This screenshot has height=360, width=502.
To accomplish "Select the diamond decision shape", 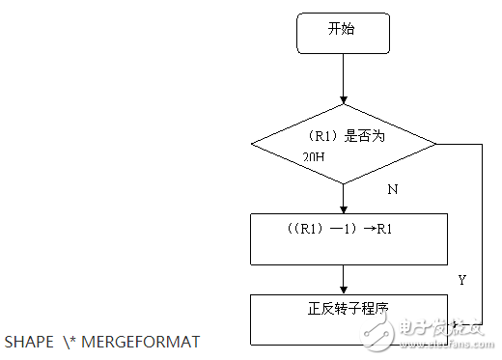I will [x=343, y=145].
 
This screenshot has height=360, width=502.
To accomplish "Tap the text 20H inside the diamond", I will [x=315, y=155].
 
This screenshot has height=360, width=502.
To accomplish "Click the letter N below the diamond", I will [x=393, y=190].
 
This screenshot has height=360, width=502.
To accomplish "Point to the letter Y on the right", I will [x=461, y=280].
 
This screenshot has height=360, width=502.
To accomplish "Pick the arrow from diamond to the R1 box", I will [x=343, y=198].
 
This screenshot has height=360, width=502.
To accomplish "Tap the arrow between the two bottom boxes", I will [x=343, y=279].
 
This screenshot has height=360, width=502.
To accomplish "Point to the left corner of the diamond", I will [x=253, y=145].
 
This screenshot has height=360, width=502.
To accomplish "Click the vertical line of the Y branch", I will [x=481, y=232].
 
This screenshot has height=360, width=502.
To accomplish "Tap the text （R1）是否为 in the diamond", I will [x=344, y=136].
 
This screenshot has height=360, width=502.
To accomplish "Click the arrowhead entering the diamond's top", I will [x=343, y=100].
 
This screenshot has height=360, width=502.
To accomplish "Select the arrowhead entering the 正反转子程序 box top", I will [x=343, y=290].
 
